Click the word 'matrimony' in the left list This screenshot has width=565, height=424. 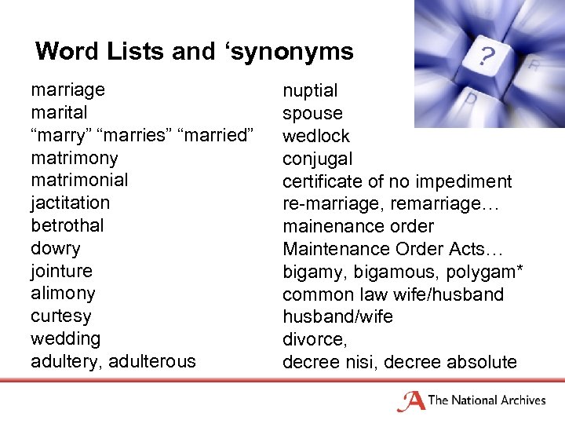point(74,158)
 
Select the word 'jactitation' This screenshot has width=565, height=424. point(70,203)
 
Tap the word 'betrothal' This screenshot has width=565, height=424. point(67,225)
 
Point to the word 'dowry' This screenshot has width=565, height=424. point(55,248)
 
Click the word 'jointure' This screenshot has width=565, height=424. point(61,271)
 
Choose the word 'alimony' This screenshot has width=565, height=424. point(63,294)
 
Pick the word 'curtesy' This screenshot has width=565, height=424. point(60,316)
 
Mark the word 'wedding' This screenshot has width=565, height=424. point(65,338)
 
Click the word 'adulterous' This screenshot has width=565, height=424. point(153,361)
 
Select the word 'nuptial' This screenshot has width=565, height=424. point(310,91)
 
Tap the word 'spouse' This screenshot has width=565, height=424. point(312,114)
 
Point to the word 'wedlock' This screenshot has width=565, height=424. point(316,136)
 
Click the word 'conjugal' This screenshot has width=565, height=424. point(317,159)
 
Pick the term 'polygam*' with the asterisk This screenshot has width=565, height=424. point(490,272)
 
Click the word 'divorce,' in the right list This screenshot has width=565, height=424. point(315,339)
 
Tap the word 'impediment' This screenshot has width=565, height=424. point(464,181)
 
